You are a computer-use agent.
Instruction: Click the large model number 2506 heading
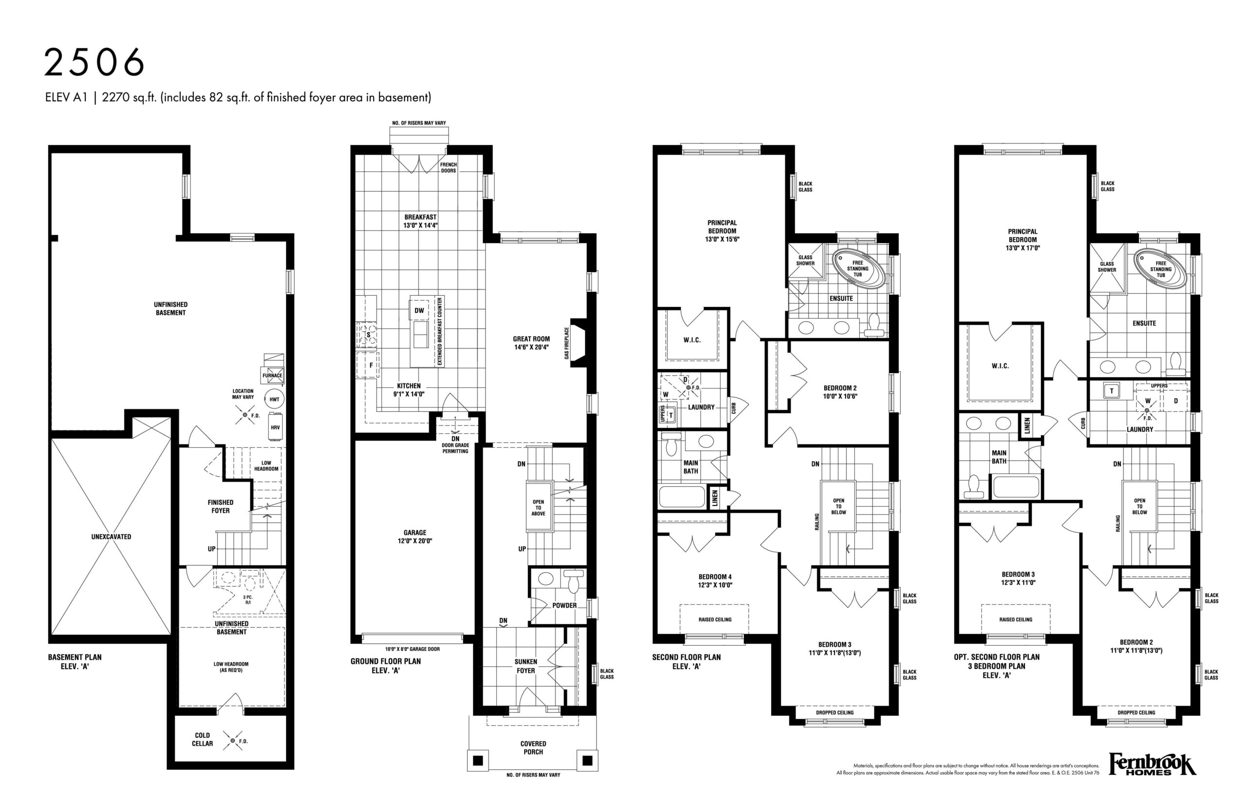coord(94,62)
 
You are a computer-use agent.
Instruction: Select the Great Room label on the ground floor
coord(531,339)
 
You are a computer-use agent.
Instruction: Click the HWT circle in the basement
coord(274,399)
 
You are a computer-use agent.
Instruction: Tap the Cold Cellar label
coord(202,739)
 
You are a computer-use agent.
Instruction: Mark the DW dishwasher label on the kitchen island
coord(419,310)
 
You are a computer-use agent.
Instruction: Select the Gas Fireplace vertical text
coord(566,343)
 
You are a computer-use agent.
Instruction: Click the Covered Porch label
coord(533,748)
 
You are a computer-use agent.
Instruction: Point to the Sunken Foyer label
coord(526,666)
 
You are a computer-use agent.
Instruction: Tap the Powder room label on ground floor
coord(564,605)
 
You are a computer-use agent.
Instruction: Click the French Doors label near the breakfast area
coord(448,168)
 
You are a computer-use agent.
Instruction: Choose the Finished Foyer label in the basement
coord(221,506)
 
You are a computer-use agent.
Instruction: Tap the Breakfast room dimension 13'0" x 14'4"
coord(420,225)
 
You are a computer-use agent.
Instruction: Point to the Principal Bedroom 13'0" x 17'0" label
coord(1022,239)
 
